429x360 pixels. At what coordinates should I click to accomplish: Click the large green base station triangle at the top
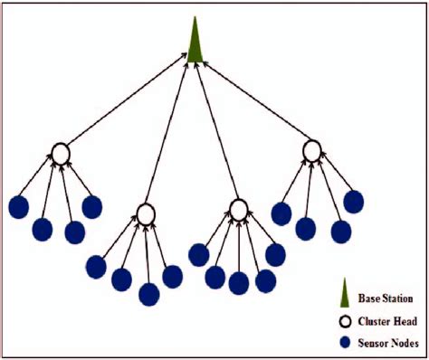[195, 42]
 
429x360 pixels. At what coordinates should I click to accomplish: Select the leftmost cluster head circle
[60, 154]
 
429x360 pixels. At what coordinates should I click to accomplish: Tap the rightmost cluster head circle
[311, 150]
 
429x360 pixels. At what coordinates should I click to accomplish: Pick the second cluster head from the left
[146, 213]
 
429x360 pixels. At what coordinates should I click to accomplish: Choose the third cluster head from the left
[238, 210]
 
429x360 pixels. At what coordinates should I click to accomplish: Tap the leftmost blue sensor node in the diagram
[19, 207]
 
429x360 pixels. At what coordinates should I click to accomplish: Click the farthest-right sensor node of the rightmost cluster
[353, 202]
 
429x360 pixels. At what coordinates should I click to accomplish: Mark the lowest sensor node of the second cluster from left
[149, 294]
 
